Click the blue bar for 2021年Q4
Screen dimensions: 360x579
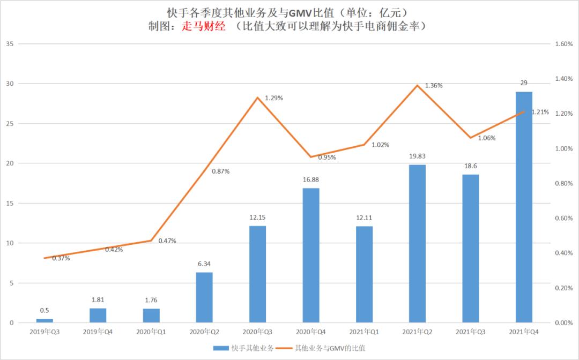point(524,207)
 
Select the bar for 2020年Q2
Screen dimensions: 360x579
point(204,297)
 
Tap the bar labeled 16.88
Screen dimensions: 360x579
point(311,255)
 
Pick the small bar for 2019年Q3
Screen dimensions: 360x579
point(44,320)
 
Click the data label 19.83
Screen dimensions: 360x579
point(417,156)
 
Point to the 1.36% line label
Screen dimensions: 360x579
point(434,86)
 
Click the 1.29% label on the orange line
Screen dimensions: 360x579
point(274,98)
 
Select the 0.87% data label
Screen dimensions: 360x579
point(220,171)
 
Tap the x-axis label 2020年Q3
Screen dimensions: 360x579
point(258,332)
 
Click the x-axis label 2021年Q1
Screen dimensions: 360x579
point(364,332)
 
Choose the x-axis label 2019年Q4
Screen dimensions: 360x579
point(98,332)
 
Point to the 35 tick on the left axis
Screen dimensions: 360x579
point(9,44)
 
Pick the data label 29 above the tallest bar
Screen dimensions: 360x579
point(524,83)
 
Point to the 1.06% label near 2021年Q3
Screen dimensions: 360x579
point(487,138)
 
